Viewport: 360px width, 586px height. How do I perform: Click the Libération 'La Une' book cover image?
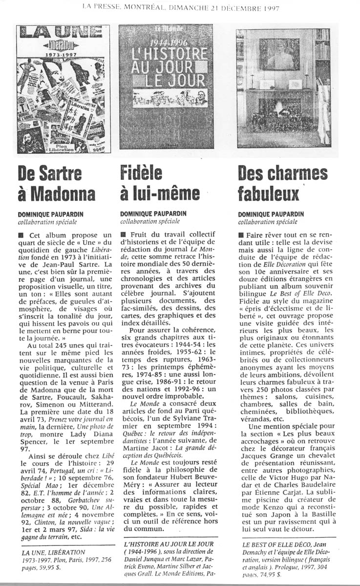coord(64,89)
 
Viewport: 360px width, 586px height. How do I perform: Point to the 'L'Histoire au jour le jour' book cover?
coord(166,88)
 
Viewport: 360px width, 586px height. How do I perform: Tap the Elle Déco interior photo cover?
coord(283,88)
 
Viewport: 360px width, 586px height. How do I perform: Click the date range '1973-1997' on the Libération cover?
coord(64,55)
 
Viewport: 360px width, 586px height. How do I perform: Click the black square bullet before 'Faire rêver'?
coord(241,236)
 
